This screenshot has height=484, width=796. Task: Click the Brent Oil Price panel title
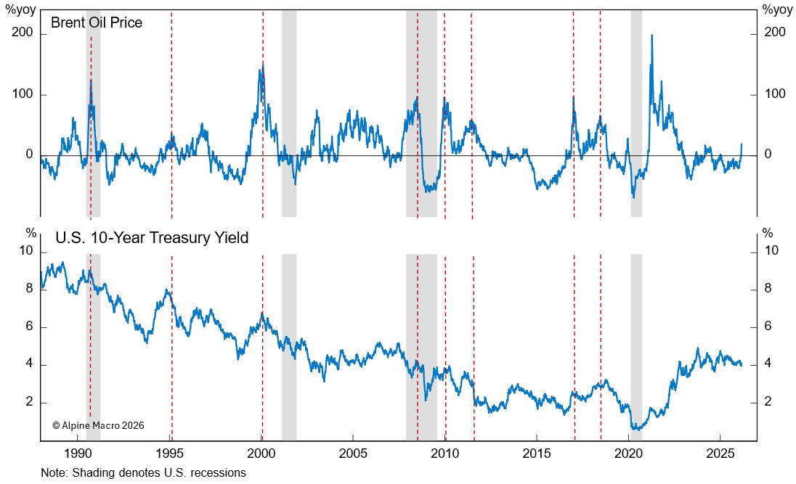[96, 22]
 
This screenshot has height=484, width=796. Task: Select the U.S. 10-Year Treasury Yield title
[153, 237]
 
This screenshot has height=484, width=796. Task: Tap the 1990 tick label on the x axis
[78, 453]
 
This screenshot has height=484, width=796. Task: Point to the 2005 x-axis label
[353, 453]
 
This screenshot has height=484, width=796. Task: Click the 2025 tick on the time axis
[719, 453]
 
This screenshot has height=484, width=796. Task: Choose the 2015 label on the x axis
[536, 453]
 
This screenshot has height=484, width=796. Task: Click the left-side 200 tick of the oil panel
[25, 33]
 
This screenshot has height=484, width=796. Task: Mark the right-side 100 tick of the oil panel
[774, 94]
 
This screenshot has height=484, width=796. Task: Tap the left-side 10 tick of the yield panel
[27, 251]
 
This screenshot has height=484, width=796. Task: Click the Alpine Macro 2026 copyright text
[98, 425]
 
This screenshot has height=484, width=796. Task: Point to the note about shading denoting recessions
[144, 472]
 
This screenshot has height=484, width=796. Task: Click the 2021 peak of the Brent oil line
[651, 36]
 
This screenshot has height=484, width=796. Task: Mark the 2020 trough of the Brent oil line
[633, 197]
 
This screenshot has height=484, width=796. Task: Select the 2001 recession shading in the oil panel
[289, 109]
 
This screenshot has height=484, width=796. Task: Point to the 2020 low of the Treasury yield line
[638, 430]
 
